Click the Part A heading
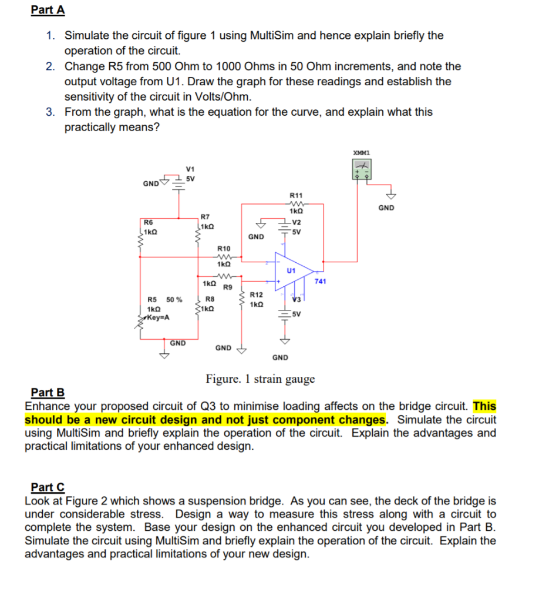coord(48,11)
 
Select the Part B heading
coord(48,393)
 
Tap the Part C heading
coord(48,487)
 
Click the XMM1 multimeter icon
coord(361,170)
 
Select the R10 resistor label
coord(224,249)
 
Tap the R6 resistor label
coord(149,222)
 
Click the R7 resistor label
coord(205,217)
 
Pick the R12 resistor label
coord(256,295)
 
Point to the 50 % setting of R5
coord(174,300)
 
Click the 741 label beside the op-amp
coord(320,282)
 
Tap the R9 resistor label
coord(228,287)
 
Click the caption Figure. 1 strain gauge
coord(260,379)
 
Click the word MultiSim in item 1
coord(275,35)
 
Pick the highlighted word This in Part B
coord(484,406)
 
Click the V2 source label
coord(297,222)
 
